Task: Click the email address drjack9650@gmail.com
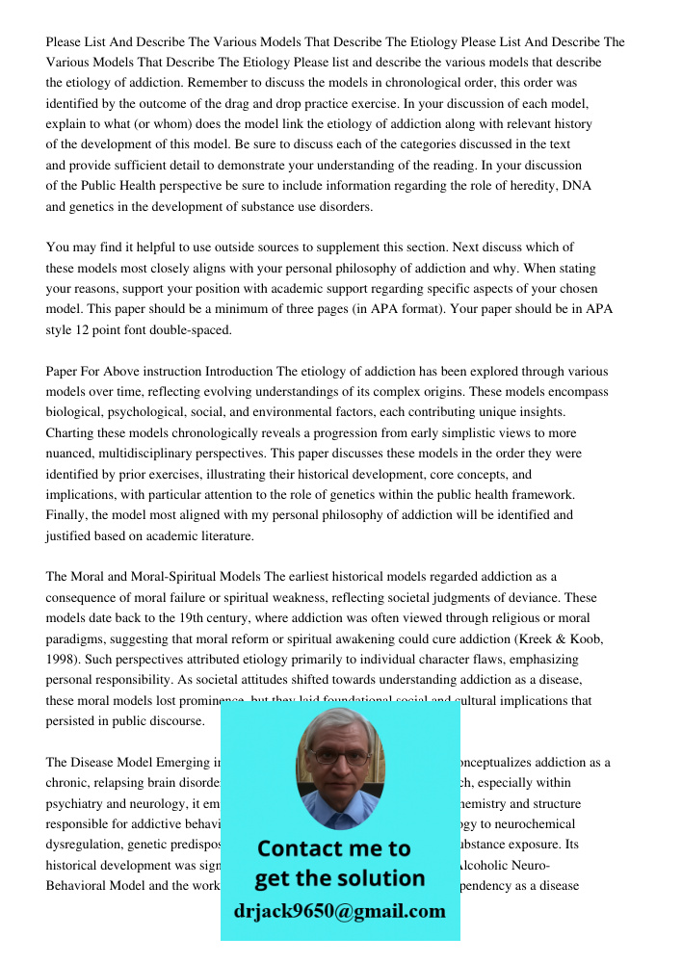coord(339,911)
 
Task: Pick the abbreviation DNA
coord(576,186)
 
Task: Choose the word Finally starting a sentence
coord(67,515)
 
